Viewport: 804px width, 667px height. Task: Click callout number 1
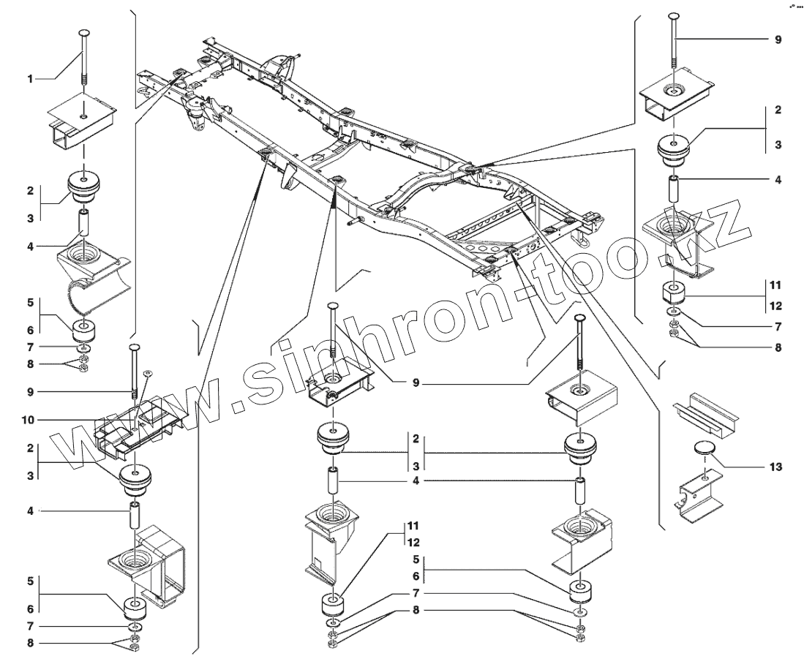[30, 78]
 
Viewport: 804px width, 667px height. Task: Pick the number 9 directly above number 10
[30, 391]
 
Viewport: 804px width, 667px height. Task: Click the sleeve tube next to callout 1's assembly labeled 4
[84, 222]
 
